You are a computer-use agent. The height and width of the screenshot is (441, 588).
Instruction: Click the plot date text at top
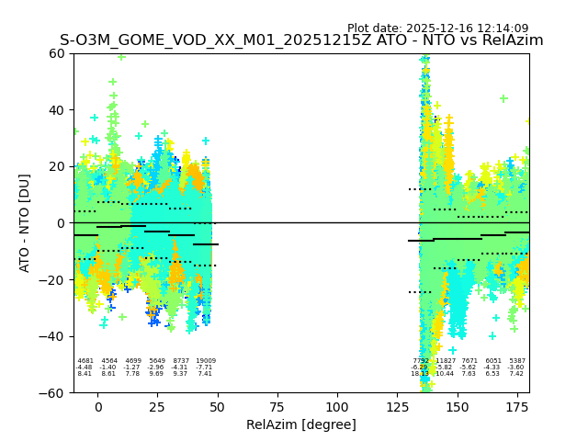pos(437,28)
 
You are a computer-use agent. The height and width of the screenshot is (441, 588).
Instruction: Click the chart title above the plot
pos(301,40)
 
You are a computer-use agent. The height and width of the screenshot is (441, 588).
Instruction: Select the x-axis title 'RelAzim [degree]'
pos(301,424)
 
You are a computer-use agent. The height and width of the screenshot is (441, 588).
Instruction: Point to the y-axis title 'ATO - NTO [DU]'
pos(25,222)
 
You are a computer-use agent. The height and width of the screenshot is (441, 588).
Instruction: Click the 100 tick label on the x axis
pos(337,407)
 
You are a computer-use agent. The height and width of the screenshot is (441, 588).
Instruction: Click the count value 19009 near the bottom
pos(205,361)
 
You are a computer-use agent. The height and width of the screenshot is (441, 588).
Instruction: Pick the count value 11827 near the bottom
pos(446,361)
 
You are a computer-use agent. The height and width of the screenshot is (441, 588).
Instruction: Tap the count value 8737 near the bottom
pos(181,361)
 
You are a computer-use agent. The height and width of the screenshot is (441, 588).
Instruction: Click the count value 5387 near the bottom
pos(517,361)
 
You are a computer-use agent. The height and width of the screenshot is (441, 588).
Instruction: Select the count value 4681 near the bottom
pos(85,361)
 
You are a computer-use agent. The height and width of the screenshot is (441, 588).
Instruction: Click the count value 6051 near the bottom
pos(493,361)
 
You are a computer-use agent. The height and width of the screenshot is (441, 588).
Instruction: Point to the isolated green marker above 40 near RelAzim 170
pos(503,98)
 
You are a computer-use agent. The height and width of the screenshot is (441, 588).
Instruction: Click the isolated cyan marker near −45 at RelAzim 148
pos(452,350)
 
